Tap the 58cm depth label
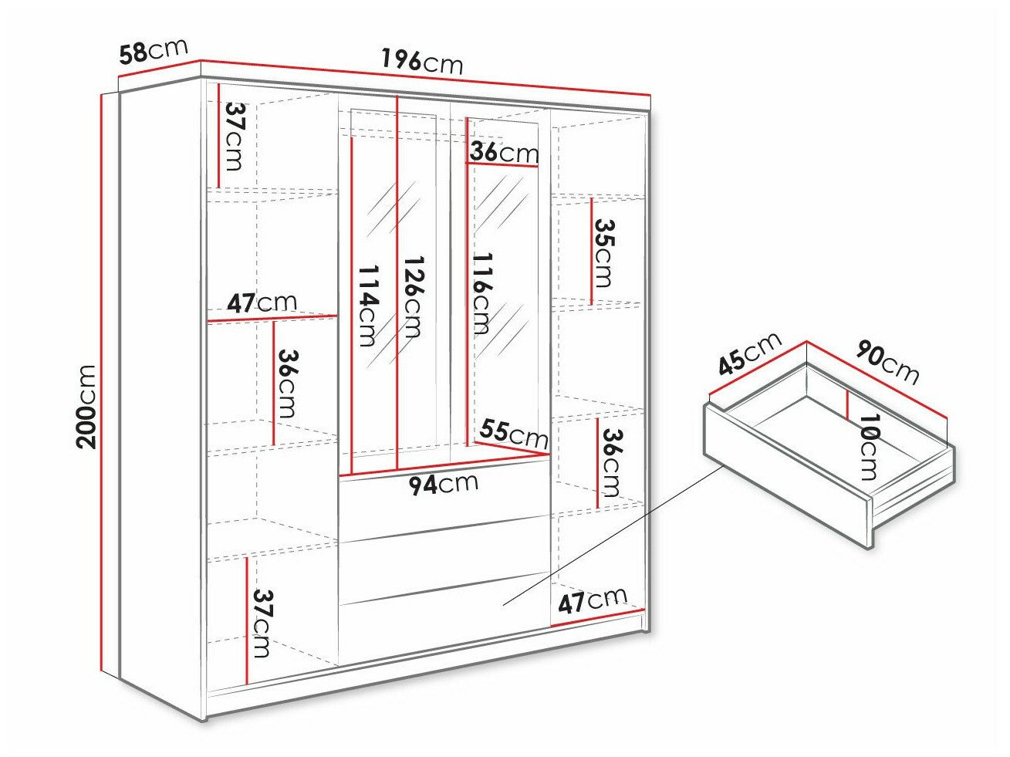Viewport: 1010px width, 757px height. click(x=154, y=51)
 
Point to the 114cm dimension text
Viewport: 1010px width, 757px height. click(x=369, y=305)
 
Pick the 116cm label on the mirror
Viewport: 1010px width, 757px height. click(x=481, y=292)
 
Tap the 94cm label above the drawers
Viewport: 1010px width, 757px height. click(x=443, y=485)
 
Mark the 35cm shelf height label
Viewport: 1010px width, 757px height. click(x=606, y=252)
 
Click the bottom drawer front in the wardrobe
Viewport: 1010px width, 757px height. click(x=444, y=625)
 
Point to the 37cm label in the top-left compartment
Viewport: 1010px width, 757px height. click(x=235, y=137)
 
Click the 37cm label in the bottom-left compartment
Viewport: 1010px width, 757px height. click(x=262, y=622)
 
